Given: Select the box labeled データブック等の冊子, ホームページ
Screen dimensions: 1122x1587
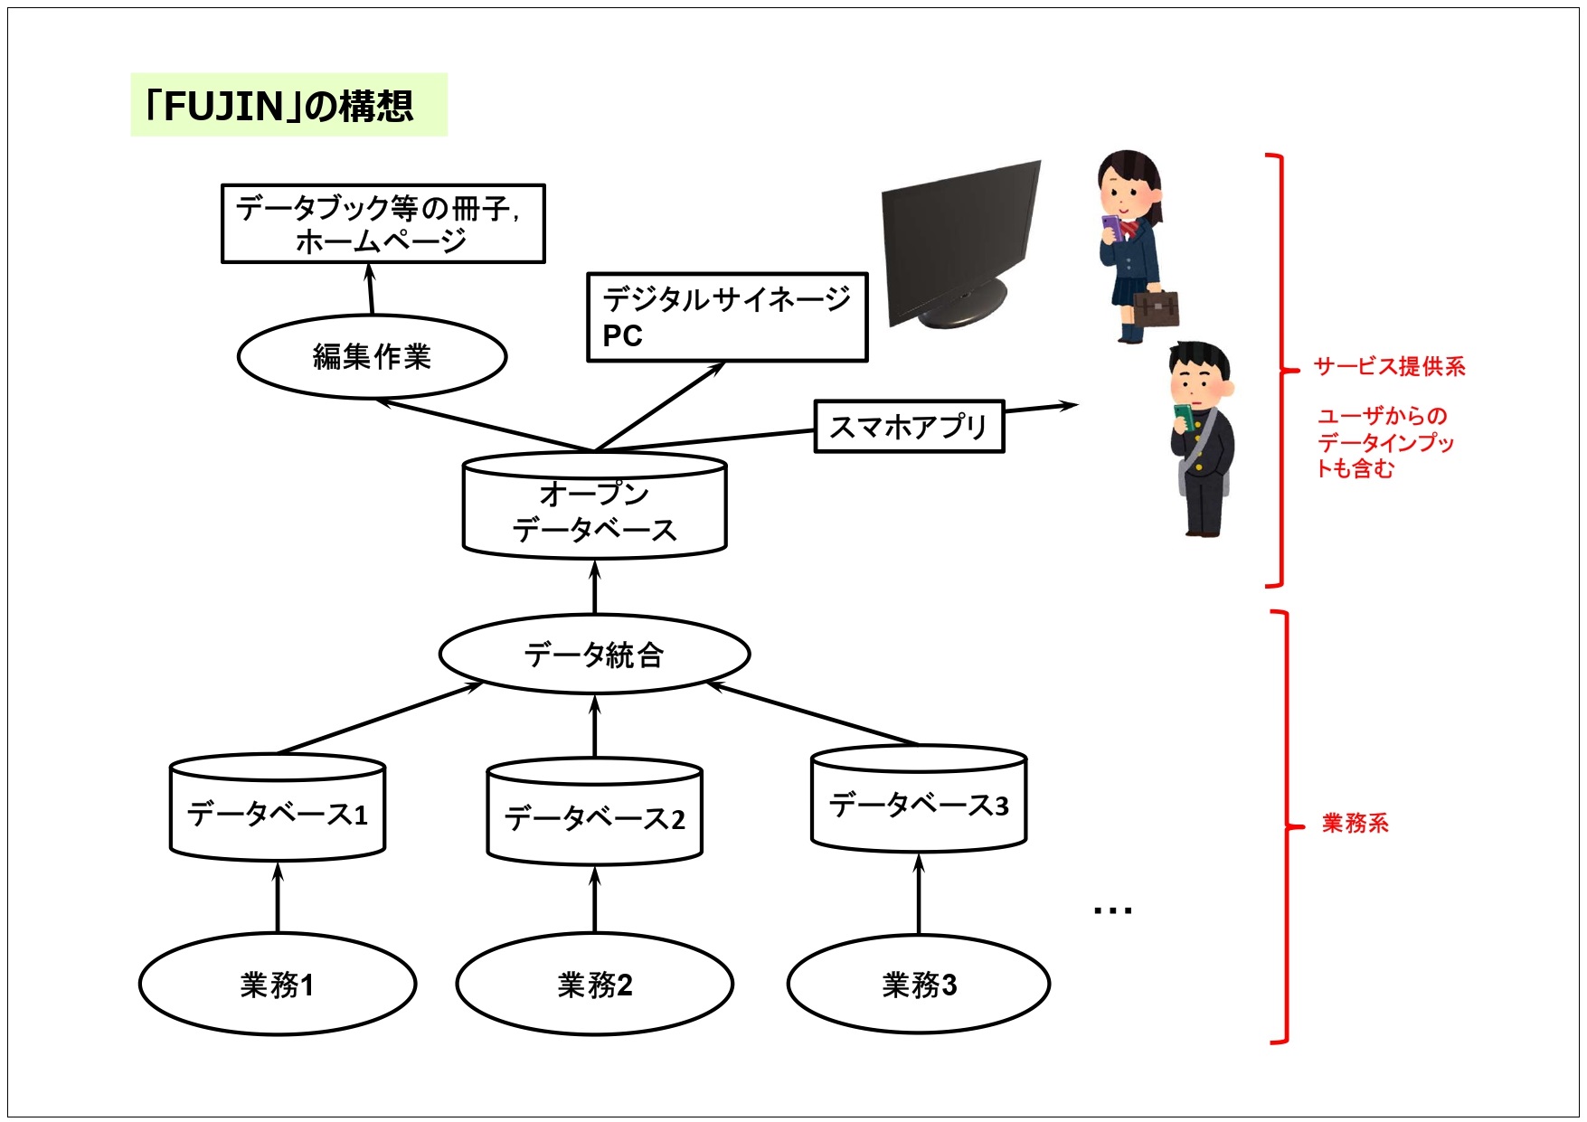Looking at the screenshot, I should [x=383, y=224].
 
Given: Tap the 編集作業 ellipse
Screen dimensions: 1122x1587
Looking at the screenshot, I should [x=372, y=356].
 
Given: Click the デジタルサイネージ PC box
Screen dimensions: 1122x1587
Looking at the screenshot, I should [x=727, y=317].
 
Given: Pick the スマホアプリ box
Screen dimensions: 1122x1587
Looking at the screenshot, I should [x=909, y=426].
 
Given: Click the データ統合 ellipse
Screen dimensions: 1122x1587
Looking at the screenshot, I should [x=594, y=655].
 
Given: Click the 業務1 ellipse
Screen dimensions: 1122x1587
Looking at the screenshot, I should [x=278, y=985].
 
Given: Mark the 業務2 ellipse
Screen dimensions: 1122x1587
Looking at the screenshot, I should [x=594, y=985].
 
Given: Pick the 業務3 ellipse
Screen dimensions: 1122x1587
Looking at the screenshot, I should [x=919, y=985].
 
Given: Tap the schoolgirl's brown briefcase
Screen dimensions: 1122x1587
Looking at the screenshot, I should [x=1157, y=306].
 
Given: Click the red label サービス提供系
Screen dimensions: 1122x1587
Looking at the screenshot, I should [x=1389, y=366].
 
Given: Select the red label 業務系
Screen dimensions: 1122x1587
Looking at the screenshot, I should [x=1355, y=823].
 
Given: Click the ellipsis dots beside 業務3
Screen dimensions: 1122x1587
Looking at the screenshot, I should [x=1112, y=910].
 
